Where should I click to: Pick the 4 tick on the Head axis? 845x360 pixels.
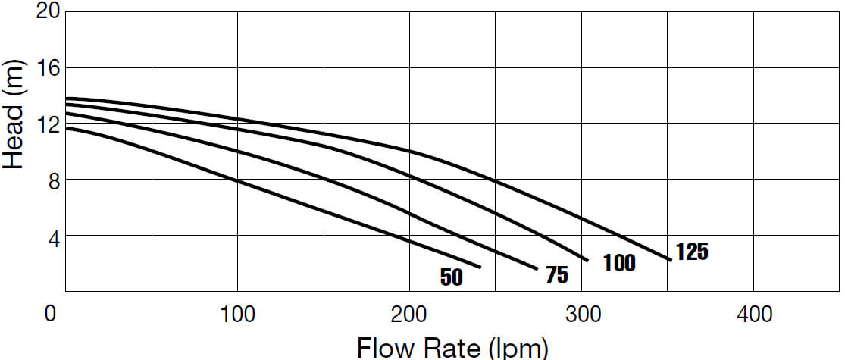coord(52,236)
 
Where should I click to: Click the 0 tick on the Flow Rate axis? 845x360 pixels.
coord(51,313)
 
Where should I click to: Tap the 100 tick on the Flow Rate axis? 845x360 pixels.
coord(238,313)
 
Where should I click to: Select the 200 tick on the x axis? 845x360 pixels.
coord(410,313)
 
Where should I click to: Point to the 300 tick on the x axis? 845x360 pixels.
coord(581,313)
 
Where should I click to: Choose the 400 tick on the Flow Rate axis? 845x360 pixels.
coord(754,313)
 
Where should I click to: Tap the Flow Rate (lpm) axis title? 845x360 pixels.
coord(452,348)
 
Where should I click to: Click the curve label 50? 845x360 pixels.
coord(451,277)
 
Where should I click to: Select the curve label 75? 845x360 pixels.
coord(556,275)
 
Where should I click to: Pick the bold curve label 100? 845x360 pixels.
coord(619,264)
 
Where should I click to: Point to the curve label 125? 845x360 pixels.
coord(692,252)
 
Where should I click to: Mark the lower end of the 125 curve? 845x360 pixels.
coord(670,260)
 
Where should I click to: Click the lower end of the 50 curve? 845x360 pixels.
coord(480,267)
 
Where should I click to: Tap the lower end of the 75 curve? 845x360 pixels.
coord(537,269)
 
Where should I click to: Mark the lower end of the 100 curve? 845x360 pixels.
coord(587,260)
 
